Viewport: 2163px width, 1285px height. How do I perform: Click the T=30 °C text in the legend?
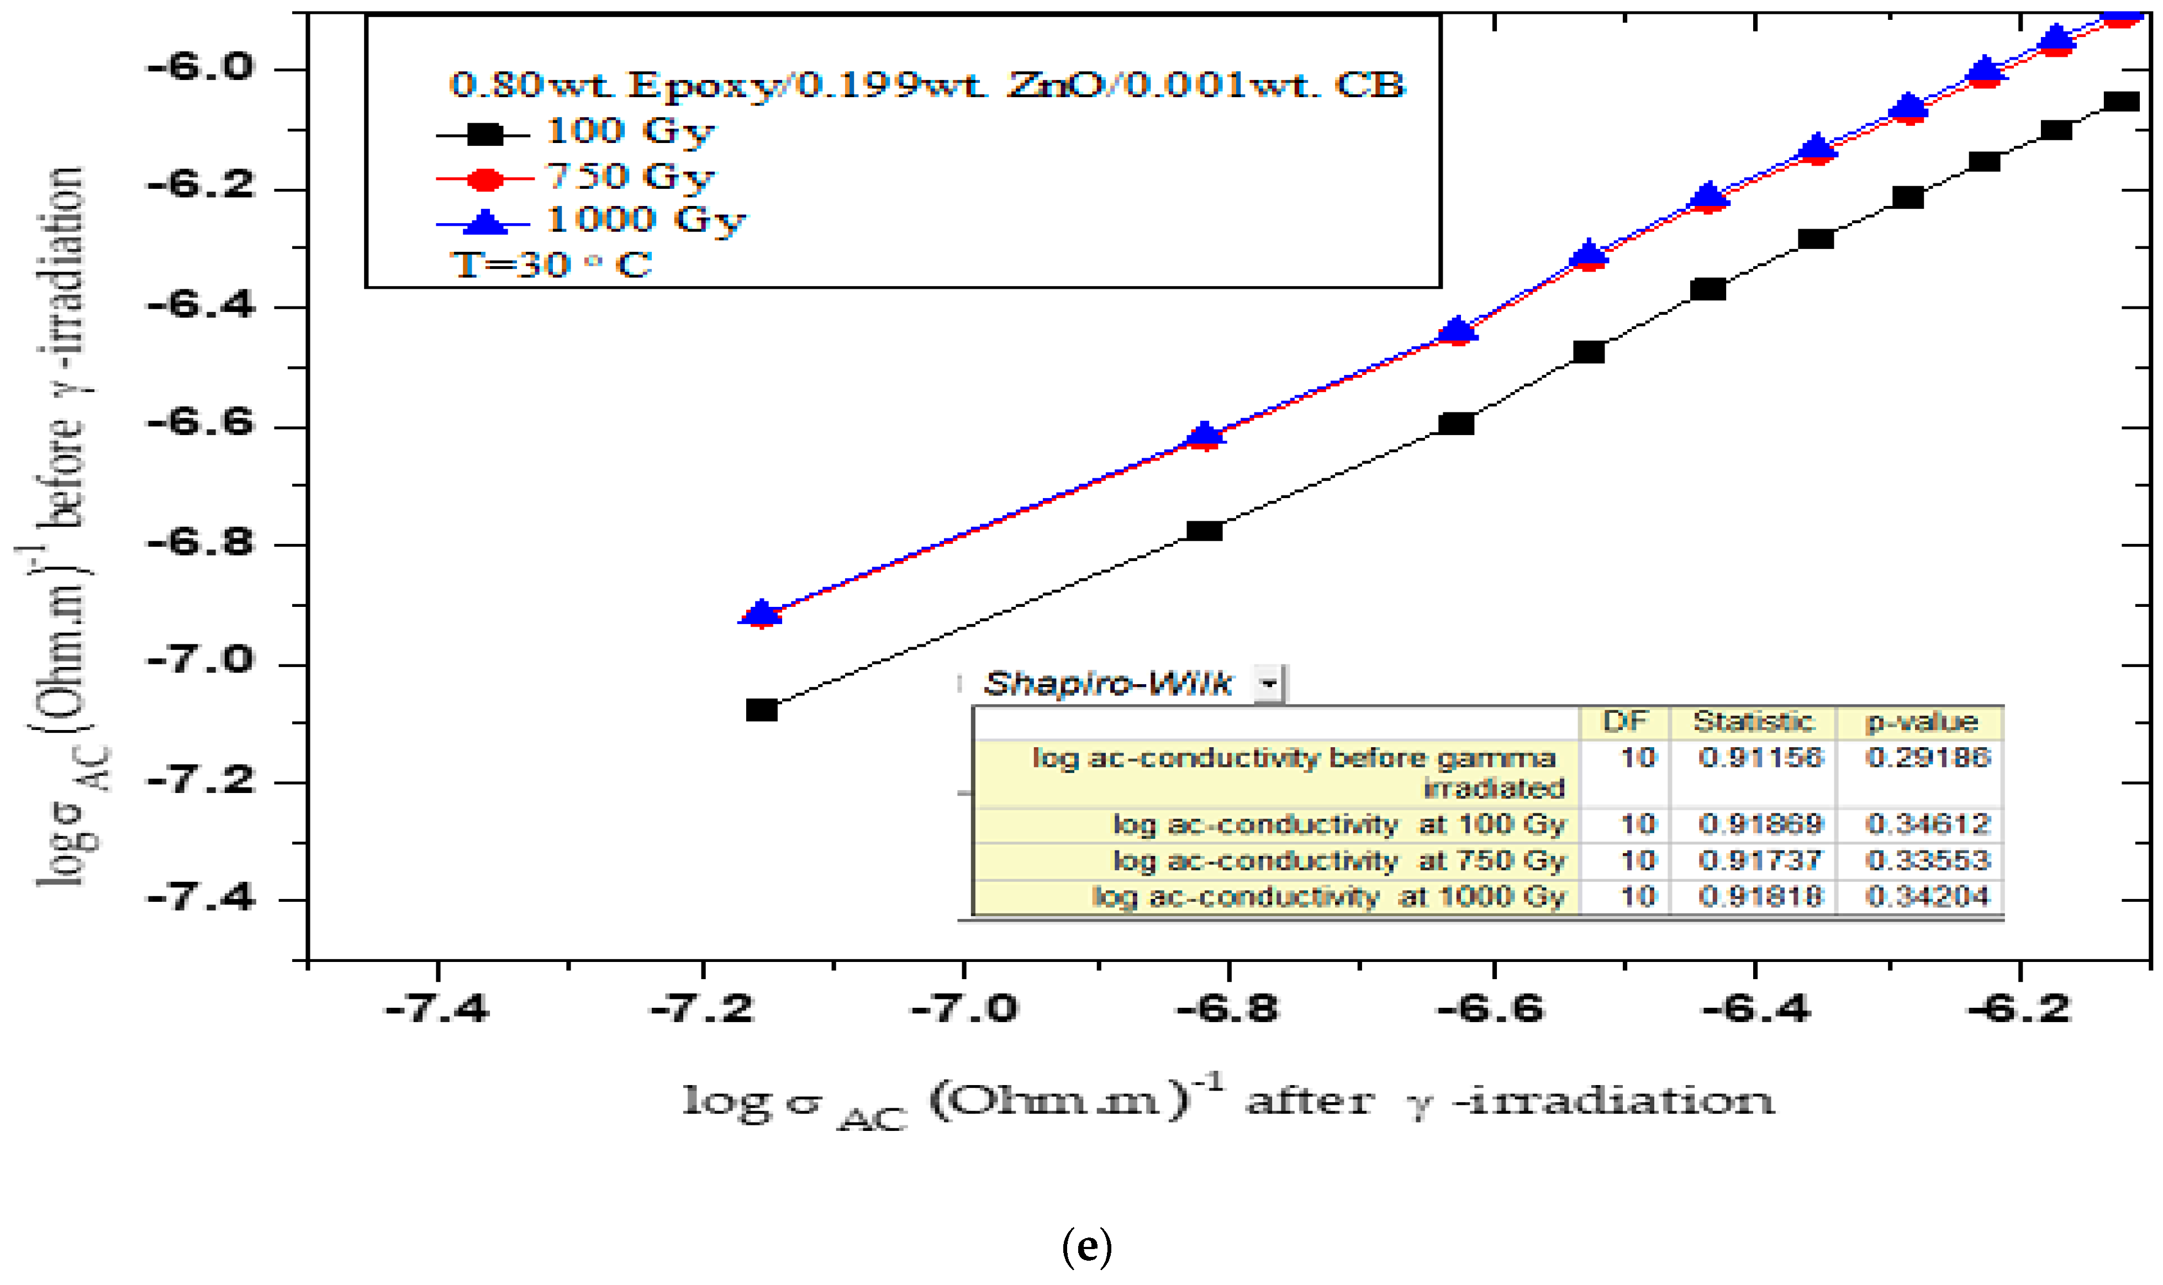point(552,264)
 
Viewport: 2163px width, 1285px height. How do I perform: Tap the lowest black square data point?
point(761,710)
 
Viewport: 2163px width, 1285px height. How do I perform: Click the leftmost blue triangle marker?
point(761,612)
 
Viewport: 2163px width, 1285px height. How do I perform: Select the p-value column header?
point(1921,721)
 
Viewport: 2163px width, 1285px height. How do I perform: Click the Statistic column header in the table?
point(1753,721)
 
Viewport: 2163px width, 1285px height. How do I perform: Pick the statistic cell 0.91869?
point(1760,823)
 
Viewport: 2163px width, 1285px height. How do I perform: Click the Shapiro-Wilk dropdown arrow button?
point(1269,684)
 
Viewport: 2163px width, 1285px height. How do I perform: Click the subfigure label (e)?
point(1086,1247)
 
